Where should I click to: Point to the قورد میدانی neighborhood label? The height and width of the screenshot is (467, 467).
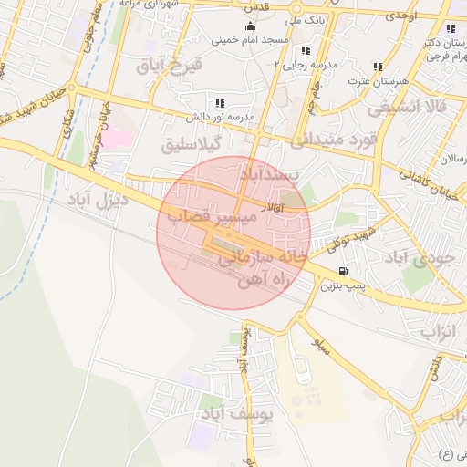[334, 140]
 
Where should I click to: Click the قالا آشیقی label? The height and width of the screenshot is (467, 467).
[408, 107]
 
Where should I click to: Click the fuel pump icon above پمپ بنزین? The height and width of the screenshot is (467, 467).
[342, 271]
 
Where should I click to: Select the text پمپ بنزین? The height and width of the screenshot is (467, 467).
[342, 285]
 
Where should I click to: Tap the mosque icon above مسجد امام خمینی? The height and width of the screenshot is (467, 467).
[250, 26]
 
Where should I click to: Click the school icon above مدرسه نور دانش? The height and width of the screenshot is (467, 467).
[219, 104]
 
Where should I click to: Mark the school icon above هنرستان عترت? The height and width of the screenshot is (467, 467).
[378, 67]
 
